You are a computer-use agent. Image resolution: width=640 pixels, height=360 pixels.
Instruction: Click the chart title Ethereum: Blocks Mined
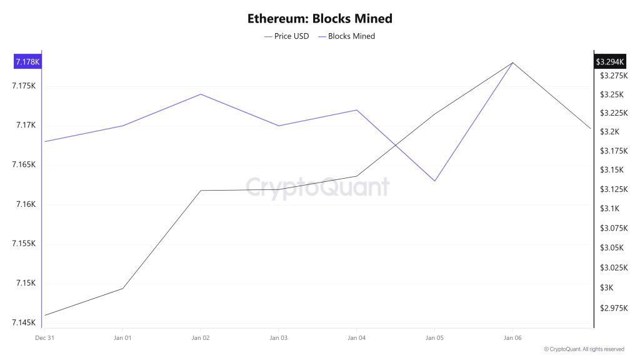(x=319, y=18)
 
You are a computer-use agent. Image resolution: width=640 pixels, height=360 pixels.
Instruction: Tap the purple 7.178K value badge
(x=27, y=62)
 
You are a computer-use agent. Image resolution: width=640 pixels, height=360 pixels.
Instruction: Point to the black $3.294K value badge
(x=610, y=62)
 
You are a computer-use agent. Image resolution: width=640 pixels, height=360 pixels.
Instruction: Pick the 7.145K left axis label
(x=24, y=322)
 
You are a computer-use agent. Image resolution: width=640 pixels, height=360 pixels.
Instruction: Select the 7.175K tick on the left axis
(x=24, y=86)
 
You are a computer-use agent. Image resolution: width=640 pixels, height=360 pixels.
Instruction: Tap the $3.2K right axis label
(x=609, y=132)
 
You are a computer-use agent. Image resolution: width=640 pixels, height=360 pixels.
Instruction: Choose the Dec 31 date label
(x=44, y=337)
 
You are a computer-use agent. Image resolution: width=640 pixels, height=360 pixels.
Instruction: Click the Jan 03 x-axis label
(x=278, y=337)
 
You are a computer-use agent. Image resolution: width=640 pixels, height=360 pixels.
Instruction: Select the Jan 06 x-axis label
(x=512, y=337)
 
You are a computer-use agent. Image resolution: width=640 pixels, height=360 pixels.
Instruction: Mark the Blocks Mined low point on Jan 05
(x=434, y=181)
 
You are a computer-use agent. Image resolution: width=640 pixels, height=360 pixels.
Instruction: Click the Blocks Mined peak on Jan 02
(x=201, y=94)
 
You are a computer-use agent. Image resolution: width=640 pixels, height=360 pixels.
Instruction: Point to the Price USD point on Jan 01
(x=122, y=288)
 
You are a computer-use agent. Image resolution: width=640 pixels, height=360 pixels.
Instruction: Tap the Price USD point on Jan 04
(x=356, y=176)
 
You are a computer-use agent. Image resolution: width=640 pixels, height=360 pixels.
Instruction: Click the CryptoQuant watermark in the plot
(x=317, y=187)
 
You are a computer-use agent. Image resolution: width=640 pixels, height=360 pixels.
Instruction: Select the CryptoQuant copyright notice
(x=584, y=349)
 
